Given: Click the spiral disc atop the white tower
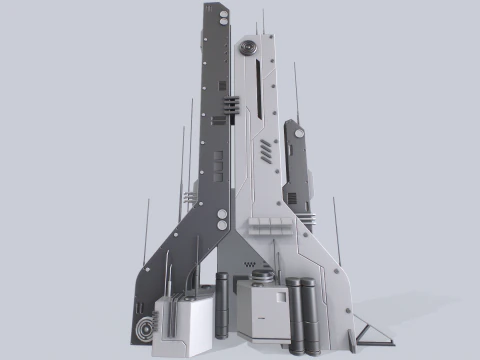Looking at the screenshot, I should [247, 47].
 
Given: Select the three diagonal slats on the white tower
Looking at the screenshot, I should [264, 151].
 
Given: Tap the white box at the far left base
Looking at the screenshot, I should [180, 325].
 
